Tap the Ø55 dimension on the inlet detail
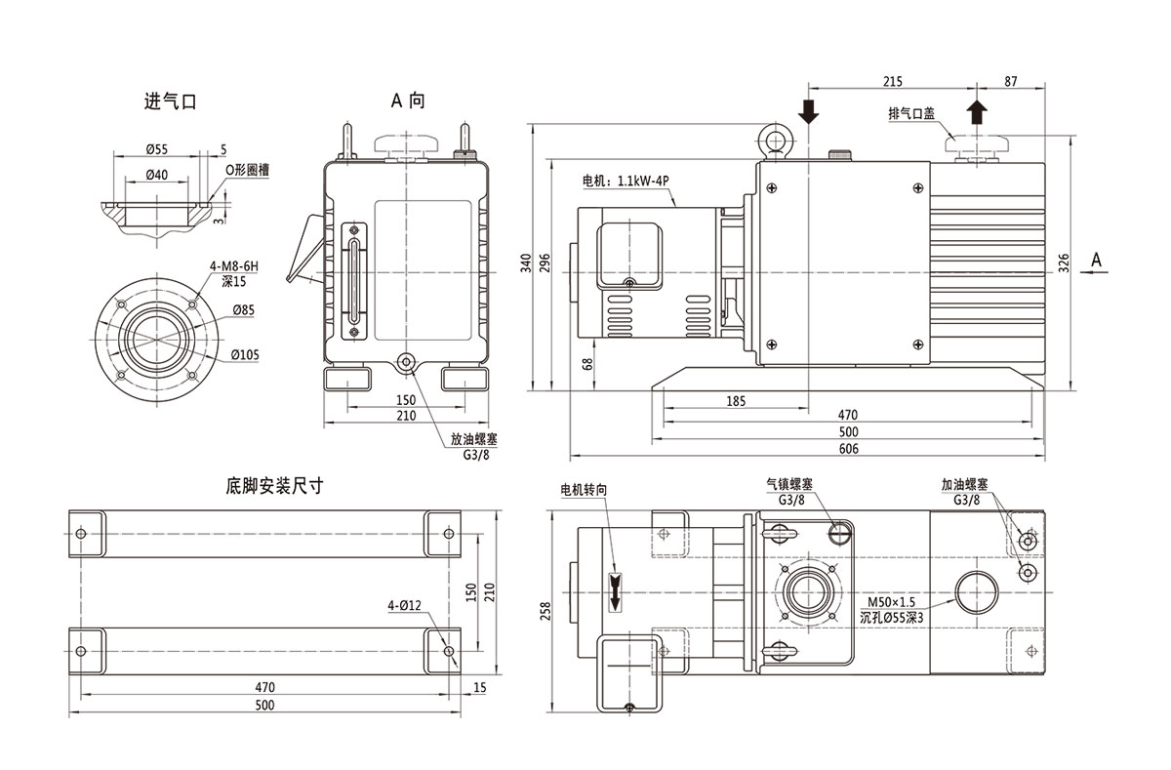point(157,149)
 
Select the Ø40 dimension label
point(157,174)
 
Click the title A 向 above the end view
point(408,101)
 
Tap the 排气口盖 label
point(911,113)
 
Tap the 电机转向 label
point(584,488)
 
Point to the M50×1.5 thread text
point(890,602)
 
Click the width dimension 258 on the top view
point(546,610)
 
